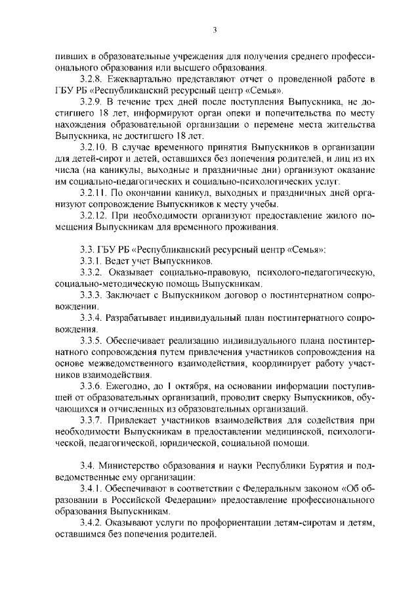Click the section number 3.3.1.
[91, 261]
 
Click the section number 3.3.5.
[91, 341]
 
